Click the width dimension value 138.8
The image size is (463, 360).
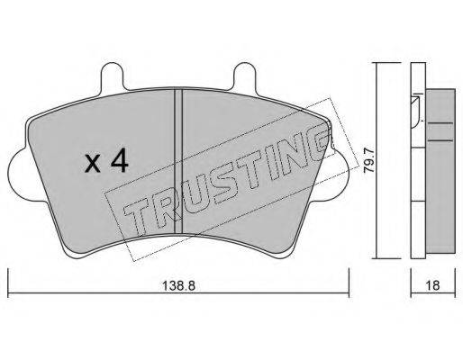point(178,285)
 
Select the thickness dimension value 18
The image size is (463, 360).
point(432,285)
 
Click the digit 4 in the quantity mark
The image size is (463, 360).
point(119,163)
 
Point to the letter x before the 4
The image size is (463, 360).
point(92,165)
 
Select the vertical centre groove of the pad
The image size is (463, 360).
point(178,161)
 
